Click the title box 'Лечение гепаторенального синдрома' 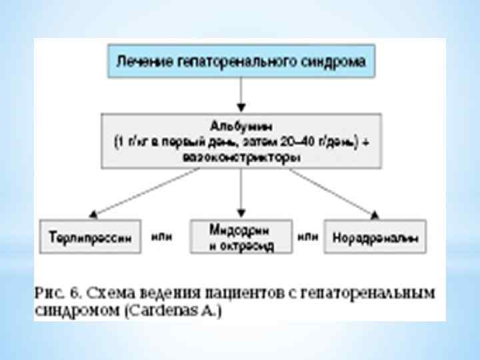coord(241,62)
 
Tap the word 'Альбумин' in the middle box coord(241,125)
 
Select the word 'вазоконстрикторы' coord(241,158)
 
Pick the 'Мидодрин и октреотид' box coord(241,237)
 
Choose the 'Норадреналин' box coord(375,237)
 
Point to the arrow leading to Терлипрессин coord(143,193)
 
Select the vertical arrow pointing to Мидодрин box coord(241,193)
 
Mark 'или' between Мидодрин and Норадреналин coord(307,236)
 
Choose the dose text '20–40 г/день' coord(319,142)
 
